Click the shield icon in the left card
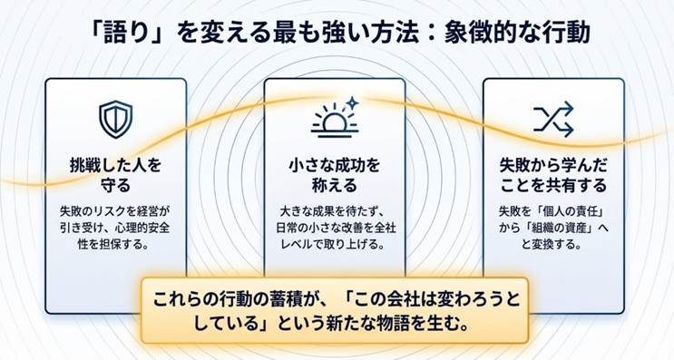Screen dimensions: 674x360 point(115,119)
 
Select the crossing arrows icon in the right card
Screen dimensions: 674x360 point(553,119)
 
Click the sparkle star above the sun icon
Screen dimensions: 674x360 point(352,103)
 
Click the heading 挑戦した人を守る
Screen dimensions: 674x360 point(115,175)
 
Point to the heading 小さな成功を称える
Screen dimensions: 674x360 point(335,175)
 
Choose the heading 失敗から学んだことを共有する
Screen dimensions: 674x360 point(553,175)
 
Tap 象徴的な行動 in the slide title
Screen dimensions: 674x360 point(517,33)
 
